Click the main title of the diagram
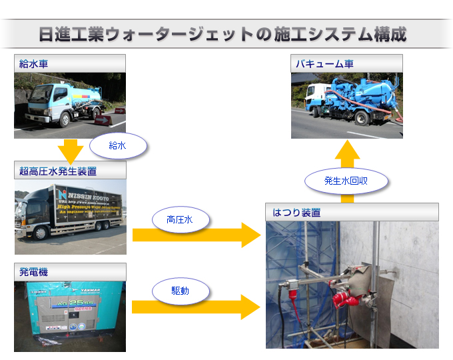coord(223,34)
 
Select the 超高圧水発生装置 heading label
coord(58,171)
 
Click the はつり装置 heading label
coord(296,213)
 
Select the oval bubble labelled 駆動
coord(181,291)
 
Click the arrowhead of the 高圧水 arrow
coord(250,235)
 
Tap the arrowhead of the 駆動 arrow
coord(250,307)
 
